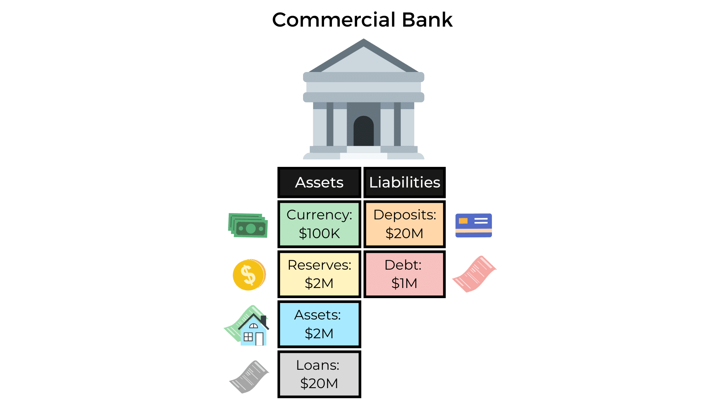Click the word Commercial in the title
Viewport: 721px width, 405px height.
333,20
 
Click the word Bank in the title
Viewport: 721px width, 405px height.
427,20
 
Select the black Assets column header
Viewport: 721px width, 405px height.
319,183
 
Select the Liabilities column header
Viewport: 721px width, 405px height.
404,183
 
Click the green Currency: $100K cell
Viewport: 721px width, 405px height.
319,224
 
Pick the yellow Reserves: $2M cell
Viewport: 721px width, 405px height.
319,274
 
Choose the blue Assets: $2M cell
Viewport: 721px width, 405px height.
319,324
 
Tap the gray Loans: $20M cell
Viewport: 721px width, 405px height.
319,374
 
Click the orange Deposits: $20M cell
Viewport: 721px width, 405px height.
404,224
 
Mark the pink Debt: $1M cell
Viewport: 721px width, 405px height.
404,274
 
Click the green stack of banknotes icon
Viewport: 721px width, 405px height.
248,225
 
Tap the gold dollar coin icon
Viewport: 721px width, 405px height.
249,275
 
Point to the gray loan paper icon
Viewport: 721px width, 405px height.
249,377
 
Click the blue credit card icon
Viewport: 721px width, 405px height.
474,225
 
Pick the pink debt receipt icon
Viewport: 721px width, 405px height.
474,274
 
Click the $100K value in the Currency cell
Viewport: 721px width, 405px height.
319,234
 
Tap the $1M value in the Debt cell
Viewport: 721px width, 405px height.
404,283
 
